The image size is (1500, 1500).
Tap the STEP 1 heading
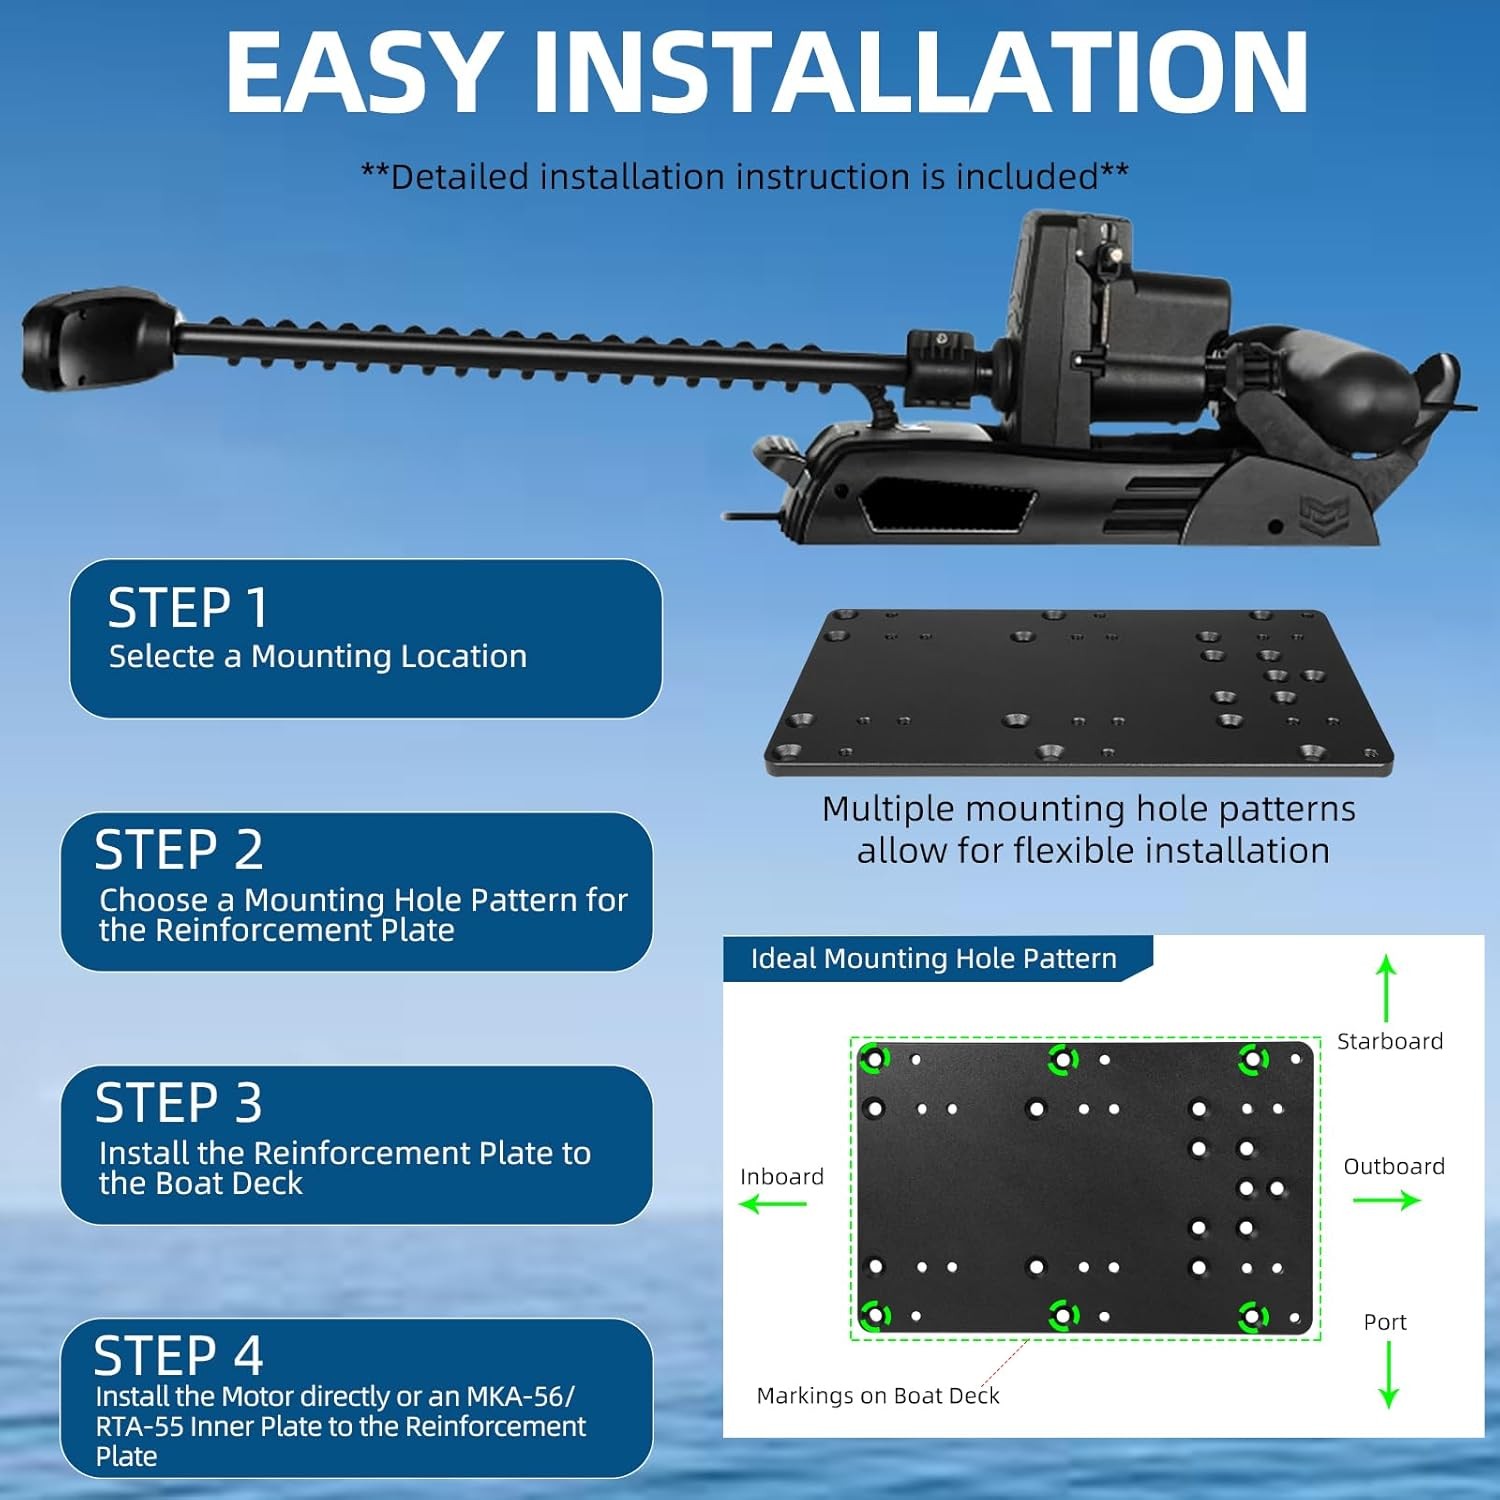[188, 608]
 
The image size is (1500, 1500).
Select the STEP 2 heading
[179, 850]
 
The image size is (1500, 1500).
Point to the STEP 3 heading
[179, 1103]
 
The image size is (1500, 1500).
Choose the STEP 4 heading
[178, 1356]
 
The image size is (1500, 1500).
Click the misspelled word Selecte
[162, 656]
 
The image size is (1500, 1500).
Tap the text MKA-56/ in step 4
[521, 1396]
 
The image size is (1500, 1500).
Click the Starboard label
[1390, 1041]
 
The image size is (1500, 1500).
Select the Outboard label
[1394, 1166]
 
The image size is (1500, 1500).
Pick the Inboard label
[782, 1176]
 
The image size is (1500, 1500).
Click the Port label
[1385, 1322]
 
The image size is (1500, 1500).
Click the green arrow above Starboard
[1386, 988]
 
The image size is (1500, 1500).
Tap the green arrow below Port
[1388, 1375]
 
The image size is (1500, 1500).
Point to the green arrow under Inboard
[773, 1203]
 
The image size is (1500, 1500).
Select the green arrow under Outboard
[1387, 1200]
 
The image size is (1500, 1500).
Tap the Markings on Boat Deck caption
[878, 1395]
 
